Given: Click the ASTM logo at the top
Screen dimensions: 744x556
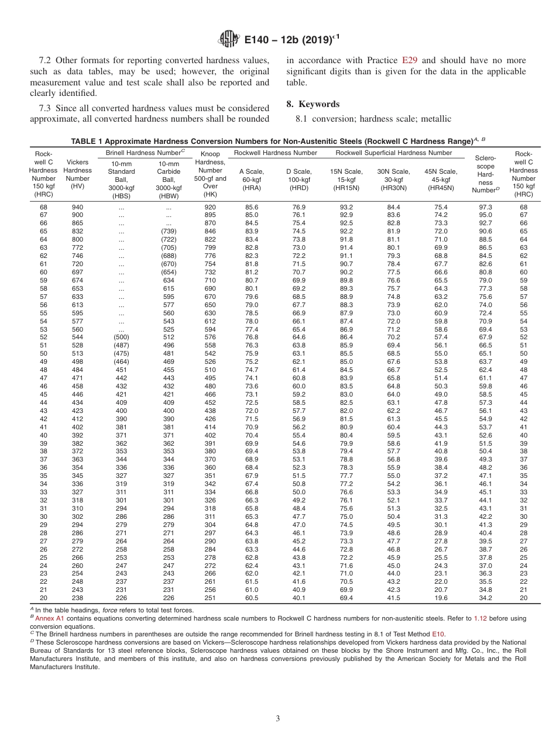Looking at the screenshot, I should click(229, 39).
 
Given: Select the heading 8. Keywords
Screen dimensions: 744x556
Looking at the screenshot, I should click(313, 104).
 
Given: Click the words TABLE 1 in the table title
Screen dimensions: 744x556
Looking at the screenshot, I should click(88, 142).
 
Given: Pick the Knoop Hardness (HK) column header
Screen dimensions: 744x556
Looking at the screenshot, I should click(210, 174).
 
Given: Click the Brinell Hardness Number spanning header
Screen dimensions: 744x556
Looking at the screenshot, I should click(145, 153).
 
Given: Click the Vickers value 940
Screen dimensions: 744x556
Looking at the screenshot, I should click(77, 207).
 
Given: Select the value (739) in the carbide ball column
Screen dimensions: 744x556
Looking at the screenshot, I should click(169, 231).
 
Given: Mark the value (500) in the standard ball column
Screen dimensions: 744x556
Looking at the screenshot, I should click(121, 337).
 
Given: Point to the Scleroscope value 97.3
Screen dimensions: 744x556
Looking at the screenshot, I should click(485, 207).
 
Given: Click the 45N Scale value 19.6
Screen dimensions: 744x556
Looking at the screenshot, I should click(441, 598).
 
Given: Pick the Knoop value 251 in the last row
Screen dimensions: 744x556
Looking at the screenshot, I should click(210, 598).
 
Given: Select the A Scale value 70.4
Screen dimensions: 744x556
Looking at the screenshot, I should click(252, 435).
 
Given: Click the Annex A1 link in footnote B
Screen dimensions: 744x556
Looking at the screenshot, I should click(52, 618).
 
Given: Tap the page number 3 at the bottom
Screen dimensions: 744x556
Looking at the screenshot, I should click(277, 719).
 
